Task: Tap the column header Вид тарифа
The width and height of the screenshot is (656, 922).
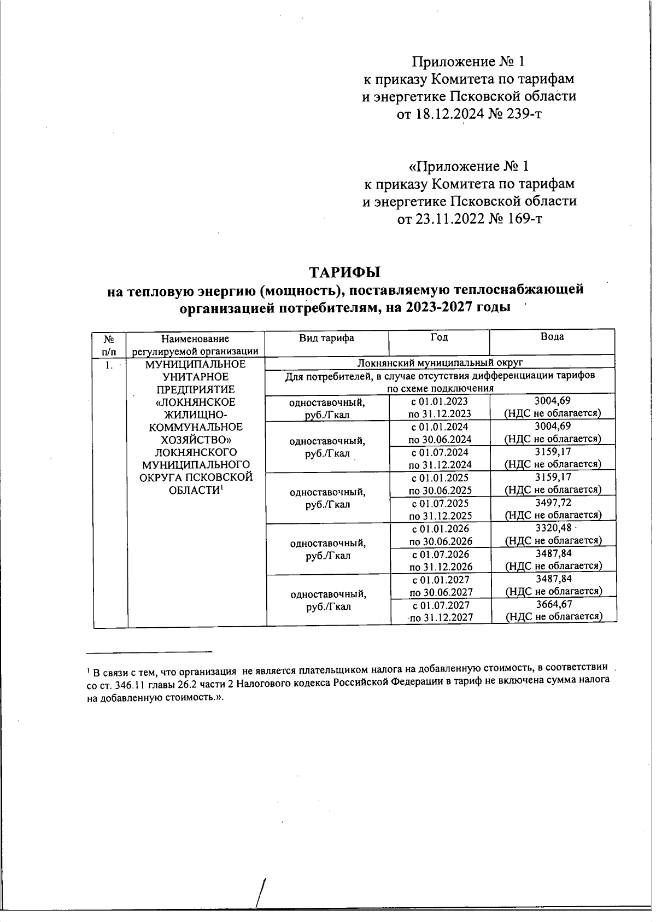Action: coord(326,337)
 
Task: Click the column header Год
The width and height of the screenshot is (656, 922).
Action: coord(439,337)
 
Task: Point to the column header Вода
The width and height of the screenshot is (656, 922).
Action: coord(552,337)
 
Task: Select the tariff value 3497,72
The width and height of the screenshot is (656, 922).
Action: coord(553,502)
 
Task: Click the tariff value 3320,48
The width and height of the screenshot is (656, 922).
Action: coord(553,528)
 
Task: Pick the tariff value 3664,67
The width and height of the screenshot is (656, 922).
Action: coord(554,604)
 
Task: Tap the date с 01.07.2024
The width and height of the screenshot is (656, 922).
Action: coord(440,452)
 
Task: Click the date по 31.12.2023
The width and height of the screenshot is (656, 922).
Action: coord(440,414)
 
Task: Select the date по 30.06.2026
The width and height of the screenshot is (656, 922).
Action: coord(441,541)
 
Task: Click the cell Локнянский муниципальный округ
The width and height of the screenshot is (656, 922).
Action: coord(440,363)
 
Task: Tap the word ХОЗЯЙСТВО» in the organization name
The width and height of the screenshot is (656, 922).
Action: coord(196,440)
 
